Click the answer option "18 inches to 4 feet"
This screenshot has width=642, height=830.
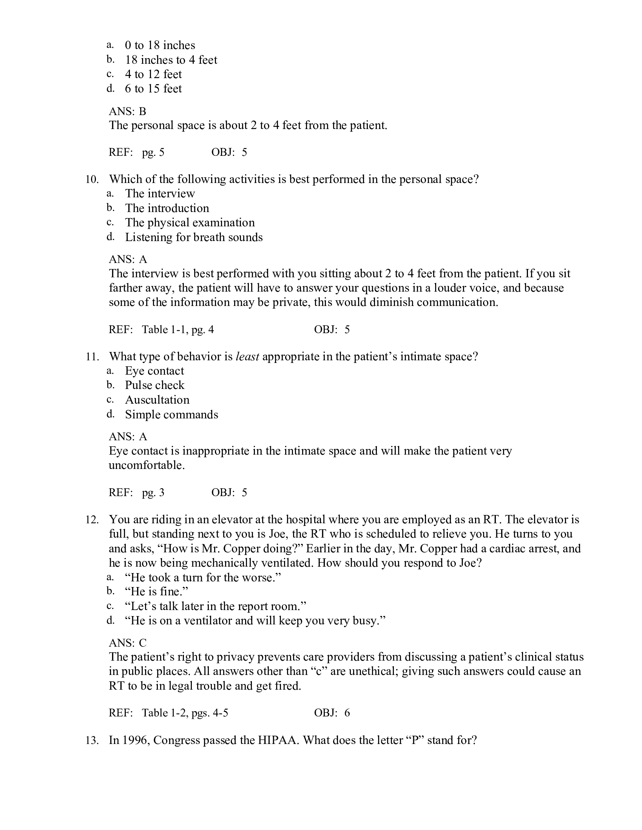tap(171, 60)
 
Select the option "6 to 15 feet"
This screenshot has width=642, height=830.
tap(153, 89)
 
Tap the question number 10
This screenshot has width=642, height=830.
tap(92, 179)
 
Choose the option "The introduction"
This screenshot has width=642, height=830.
tap(167, 208)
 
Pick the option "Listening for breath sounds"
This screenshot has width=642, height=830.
tap(194, 237)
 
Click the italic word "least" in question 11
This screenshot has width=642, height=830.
tap(248, 357)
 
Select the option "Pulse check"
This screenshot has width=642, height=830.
tap(154, 385)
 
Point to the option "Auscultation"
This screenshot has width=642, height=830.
tap(157, 400)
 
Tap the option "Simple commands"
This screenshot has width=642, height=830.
tap(171, 414)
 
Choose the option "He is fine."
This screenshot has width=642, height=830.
tap(157, 591)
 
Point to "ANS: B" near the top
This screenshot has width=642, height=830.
tap(127, 111)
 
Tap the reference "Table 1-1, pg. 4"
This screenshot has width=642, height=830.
tap(177, 329)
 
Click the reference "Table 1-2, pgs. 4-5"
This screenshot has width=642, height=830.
tap(185, 713)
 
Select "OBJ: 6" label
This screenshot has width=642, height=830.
tap(332, 713)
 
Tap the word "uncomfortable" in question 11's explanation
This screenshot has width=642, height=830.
tap(147, 465)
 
